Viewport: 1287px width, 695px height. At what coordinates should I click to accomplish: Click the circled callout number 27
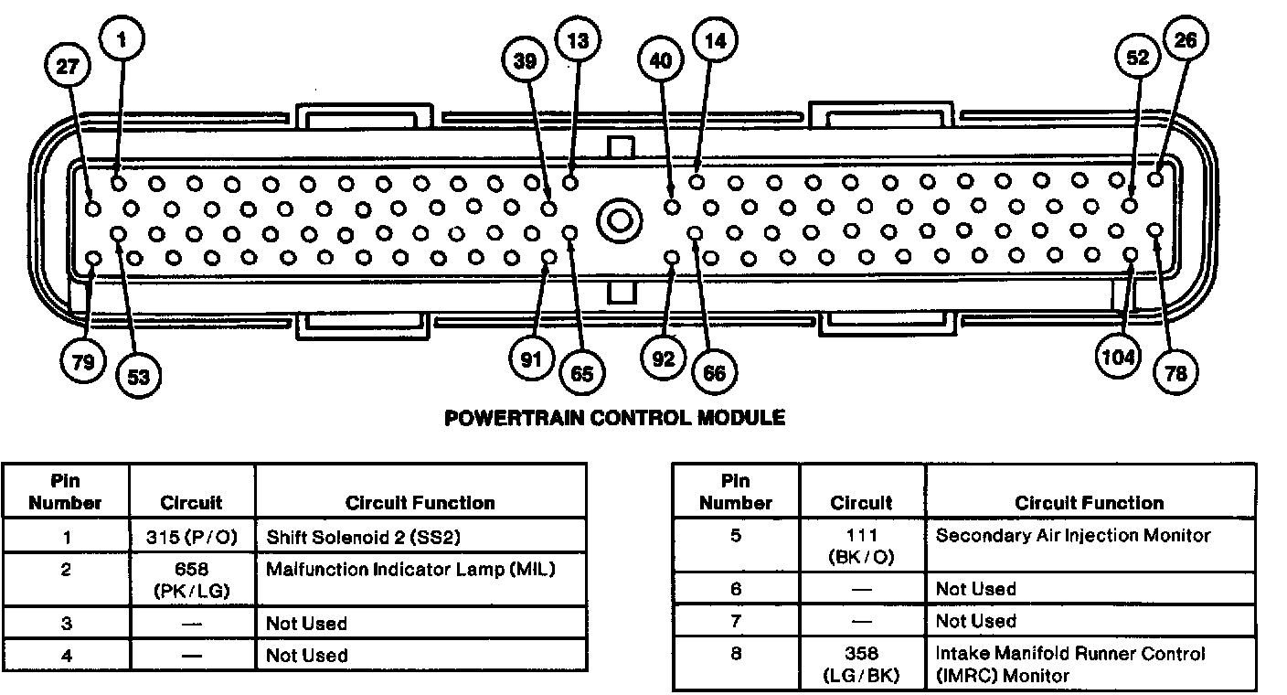[72, 66]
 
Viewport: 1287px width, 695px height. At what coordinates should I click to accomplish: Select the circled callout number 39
[525, 61]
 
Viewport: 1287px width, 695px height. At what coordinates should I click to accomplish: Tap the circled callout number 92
[663, 359]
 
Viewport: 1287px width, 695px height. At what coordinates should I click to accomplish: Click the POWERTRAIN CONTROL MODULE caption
[614, 418]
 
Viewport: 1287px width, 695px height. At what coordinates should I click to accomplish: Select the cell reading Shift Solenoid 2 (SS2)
[369, 536]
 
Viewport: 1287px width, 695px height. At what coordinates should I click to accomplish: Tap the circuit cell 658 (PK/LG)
[191, 580]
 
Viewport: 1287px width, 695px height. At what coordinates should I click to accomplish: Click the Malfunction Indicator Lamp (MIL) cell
[410, 570]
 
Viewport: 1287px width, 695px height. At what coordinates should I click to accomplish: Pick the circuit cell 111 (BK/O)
[861, 546]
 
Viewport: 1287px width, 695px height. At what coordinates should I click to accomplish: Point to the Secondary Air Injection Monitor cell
[1073, 536]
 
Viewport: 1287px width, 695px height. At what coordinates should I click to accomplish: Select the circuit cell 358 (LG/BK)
[861, 665]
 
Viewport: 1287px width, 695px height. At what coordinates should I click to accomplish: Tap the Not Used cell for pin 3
[306, 624]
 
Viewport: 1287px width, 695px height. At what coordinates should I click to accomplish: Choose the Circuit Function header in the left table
[420, 503]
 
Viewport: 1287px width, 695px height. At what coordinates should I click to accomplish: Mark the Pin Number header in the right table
[735, 492]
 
